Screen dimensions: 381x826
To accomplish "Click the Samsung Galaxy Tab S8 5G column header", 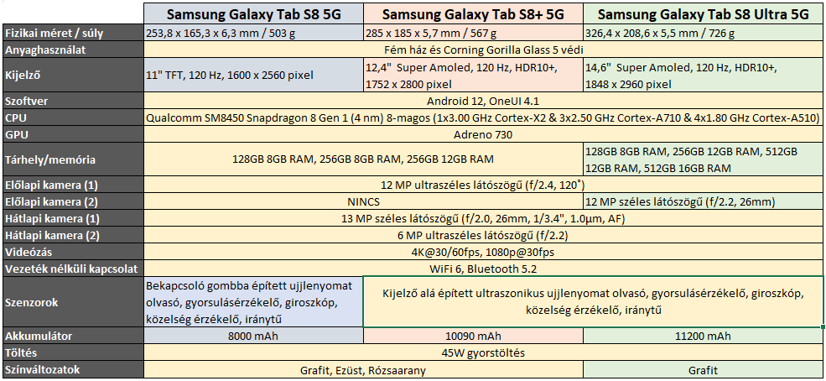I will [254, 14].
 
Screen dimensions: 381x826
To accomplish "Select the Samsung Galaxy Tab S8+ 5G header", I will [473, 14].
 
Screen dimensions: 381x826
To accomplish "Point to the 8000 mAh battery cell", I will [254, 336].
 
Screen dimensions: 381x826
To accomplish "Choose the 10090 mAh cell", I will [473, 336].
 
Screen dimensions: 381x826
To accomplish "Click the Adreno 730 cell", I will [482, 134].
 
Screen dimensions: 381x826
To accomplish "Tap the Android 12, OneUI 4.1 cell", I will [482, 102].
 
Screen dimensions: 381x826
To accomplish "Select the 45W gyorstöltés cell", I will [482, 352].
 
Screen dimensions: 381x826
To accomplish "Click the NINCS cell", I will [364, 201].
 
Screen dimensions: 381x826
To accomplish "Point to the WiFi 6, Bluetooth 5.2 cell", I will [482, 269].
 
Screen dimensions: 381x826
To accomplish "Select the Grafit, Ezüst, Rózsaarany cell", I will [364, 369].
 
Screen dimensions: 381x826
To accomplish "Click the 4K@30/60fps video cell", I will [482, 252].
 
